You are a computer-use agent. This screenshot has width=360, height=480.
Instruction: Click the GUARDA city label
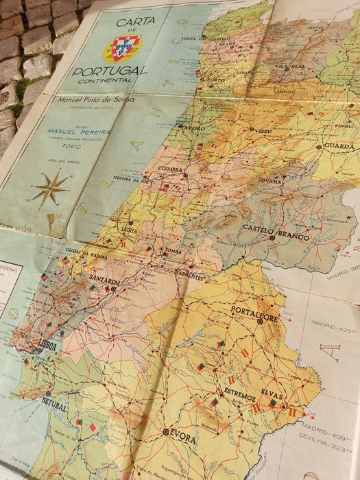339,146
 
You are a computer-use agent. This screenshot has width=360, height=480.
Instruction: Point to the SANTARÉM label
105,281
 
